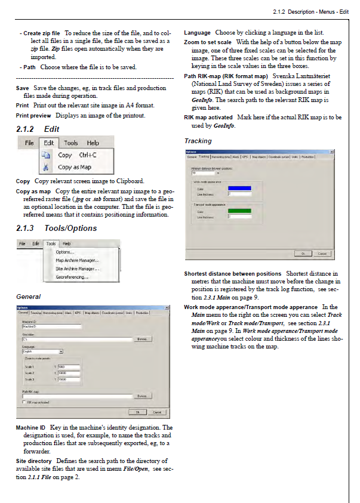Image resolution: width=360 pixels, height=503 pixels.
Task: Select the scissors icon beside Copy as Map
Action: coord(45,167)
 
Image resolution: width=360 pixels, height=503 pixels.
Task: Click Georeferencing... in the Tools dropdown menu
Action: coord(72,277)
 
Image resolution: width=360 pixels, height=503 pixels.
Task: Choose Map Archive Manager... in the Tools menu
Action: coord(77,260)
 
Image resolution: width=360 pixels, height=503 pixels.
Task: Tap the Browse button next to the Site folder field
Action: coord(141,339)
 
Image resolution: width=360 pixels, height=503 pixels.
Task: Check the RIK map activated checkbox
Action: coord(24,403)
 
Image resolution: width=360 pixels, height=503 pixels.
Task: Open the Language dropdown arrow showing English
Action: coord(61,352)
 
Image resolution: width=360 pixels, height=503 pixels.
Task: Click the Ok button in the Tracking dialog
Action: coord(303,254)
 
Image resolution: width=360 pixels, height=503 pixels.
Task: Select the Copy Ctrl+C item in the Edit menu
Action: coord(77,155)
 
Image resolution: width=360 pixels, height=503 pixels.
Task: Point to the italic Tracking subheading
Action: coord(198,141)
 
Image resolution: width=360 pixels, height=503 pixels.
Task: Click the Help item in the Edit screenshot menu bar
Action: coord(93,143)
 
